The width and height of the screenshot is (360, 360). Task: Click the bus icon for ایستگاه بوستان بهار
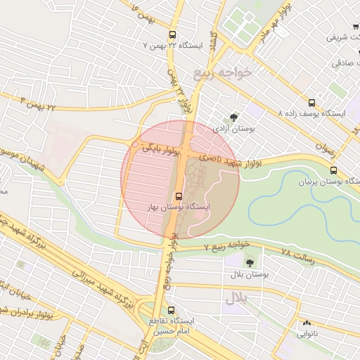[178, 196]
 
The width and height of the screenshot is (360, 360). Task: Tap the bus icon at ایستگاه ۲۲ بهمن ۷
[172, 34]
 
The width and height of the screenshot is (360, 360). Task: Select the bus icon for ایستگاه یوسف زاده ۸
[312, 101]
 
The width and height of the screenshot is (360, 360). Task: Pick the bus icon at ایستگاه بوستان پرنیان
[333, 170]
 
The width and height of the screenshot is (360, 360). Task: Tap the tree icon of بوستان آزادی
[233, 117]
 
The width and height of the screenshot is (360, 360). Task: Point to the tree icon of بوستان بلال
[250, 262]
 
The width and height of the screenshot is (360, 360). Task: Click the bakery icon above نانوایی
[306, 323]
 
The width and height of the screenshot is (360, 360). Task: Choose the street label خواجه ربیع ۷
[226, 245]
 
